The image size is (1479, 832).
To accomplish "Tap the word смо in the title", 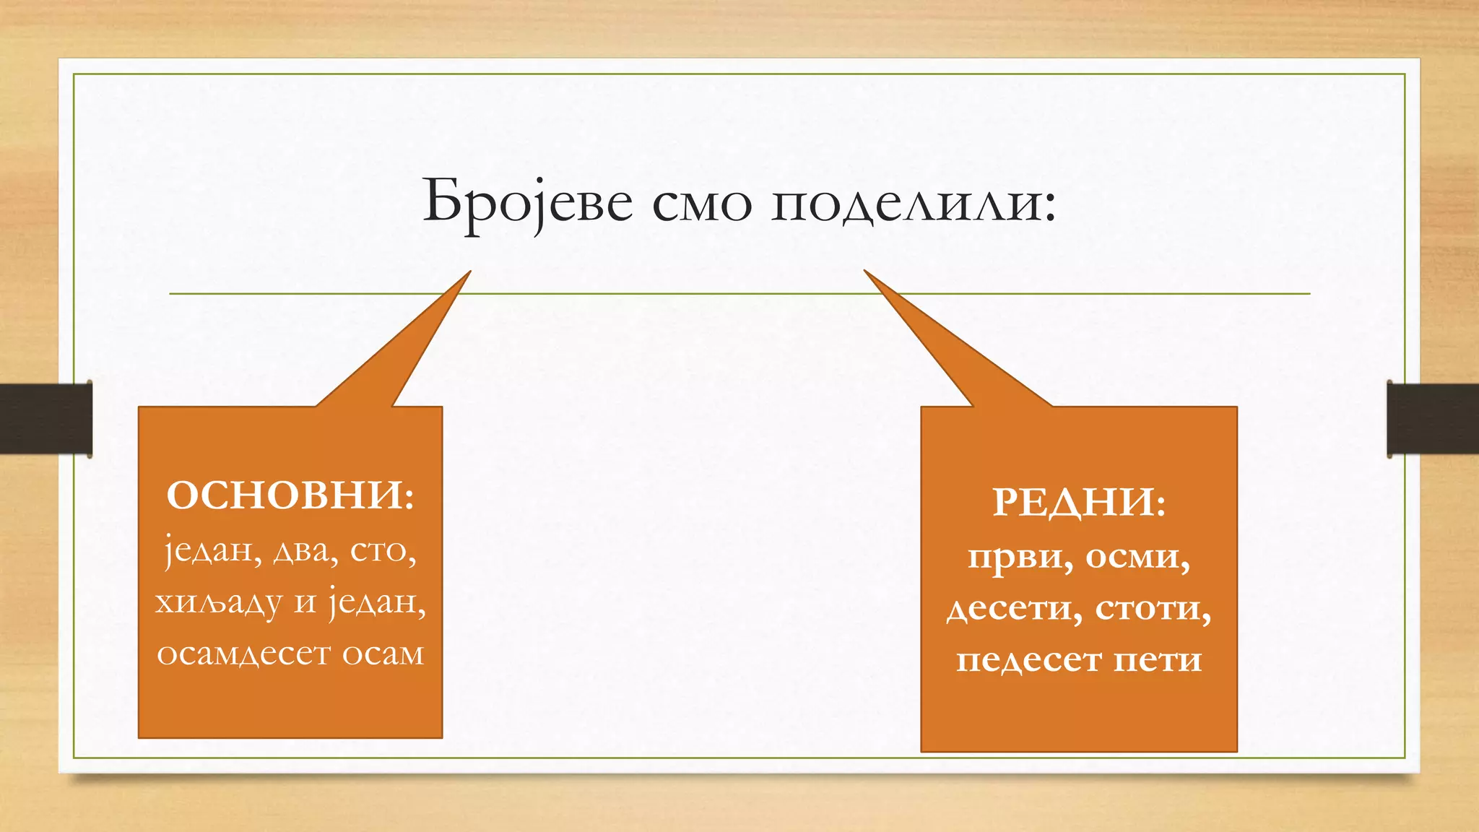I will [701, 206].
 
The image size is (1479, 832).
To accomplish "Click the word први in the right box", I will [1019, 558].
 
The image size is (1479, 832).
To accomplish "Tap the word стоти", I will [1153, 608].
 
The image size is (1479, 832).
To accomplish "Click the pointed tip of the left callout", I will [469, 273].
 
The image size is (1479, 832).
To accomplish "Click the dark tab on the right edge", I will [1433, 419].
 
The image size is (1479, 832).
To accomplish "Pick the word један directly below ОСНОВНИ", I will [212, 552].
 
